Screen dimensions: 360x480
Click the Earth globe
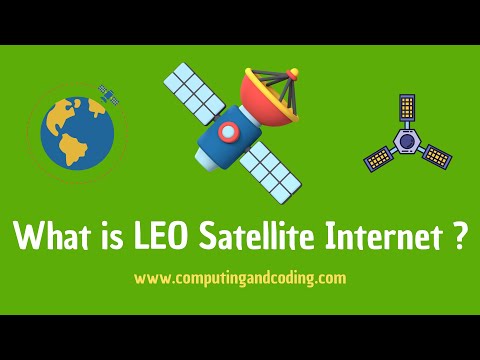coord(76,130)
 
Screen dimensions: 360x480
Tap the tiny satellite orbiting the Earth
coord(106,95)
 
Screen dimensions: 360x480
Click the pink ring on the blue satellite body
coord(229,131)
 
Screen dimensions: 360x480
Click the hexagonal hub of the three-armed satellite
coord(405,143)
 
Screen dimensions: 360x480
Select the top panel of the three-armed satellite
coord(406,110)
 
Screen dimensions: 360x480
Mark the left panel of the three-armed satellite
coord(376,158)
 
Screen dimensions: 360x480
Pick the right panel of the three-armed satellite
coord(436,156)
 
